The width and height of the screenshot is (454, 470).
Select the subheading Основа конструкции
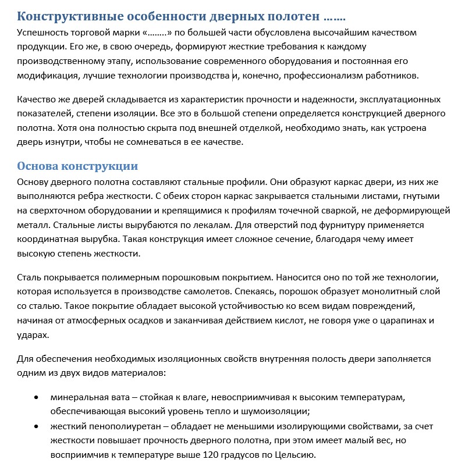pos(77,166)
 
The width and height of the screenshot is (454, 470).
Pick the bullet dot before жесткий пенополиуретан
pos(37,427)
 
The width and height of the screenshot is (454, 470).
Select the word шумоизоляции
pos(271,412)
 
